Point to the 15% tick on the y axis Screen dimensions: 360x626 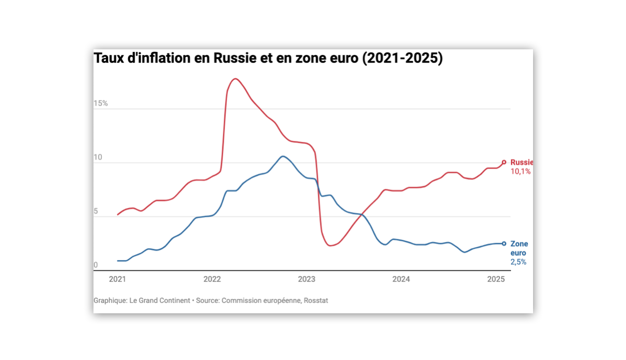tap(101, 103)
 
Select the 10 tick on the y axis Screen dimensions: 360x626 tap(98, 157)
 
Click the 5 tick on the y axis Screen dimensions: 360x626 tap(96, 211)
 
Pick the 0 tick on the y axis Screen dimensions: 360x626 tap(96, 265)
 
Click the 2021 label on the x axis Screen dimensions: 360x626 tap(117, 279)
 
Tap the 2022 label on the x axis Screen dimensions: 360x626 tap(212, 279)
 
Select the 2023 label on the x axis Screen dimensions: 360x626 tap(307, 279)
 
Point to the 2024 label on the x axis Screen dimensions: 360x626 tap(401, 279)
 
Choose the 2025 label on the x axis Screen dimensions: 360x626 tap(496, 279)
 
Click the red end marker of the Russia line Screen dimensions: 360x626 tap(504, 162)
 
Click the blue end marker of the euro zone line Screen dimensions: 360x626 tap(504, 243)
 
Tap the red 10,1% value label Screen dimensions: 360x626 tap(520, 171)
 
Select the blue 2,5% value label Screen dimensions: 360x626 tap(518, 262)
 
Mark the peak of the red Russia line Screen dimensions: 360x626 tap(235, 79)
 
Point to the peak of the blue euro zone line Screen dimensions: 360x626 tap(283, 156)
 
